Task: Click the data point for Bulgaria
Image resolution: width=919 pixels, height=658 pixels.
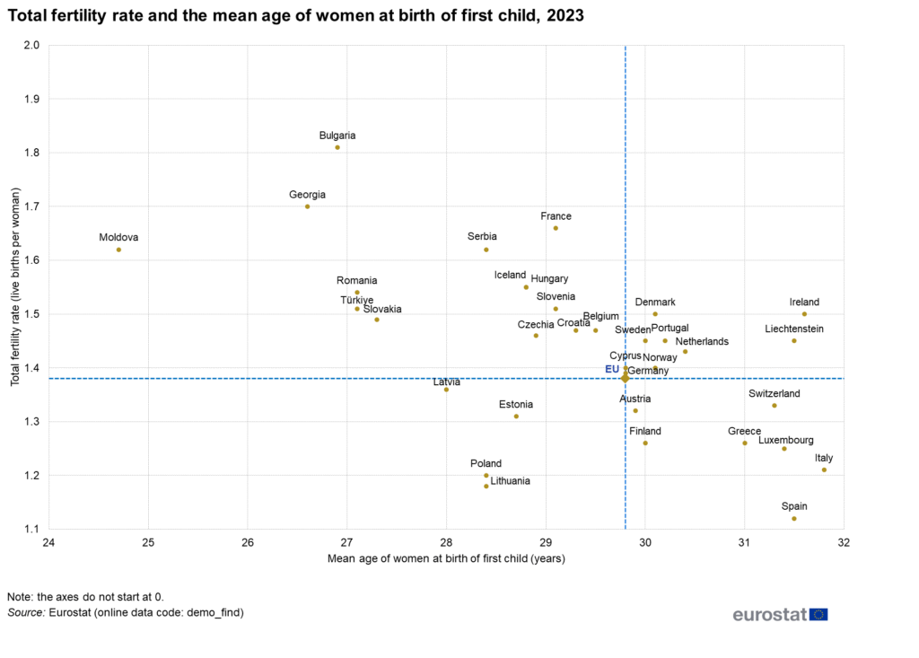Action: (337, 147)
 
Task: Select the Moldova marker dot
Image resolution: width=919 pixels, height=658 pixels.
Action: (118, 250)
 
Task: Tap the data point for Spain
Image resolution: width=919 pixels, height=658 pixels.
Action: (794, 519)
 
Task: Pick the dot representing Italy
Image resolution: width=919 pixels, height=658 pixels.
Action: (824, 469)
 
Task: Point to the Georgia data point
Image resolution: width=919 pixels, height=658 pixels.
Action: (308, 206)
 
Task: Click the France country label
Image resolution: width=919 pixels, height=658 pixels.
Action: (556, 216)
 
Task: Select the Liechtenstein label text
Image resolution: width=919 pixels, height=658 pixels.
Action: (794, 329)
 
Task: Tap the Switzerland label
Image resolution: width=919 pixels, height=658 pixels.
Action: (774, 393)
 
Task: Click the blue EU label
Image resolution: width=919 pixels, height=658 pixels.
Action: (612, 369)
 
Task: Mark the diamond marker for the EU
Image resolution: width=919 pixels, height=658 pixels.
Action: (626, 378)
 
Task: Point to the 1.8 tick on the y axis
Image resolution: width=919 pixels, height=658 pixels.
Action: (33, 153)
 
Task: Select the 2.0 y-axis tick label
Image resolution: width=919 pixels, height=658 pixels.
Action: (33, 45)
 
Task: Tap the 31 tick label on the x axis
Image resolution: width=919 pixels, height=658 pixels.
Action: (744, 541)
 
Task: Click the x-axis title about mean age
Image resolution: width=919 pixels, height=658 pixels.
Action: (446, 557)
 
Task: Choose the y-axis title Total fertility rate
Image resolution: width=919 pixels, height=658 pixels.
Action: (15, 286)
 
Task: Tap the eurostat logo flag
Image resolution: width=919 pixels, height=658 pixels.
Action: (818, 615)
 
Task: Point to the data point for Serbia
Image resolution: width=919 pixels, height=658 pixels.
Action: (486, 250)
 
